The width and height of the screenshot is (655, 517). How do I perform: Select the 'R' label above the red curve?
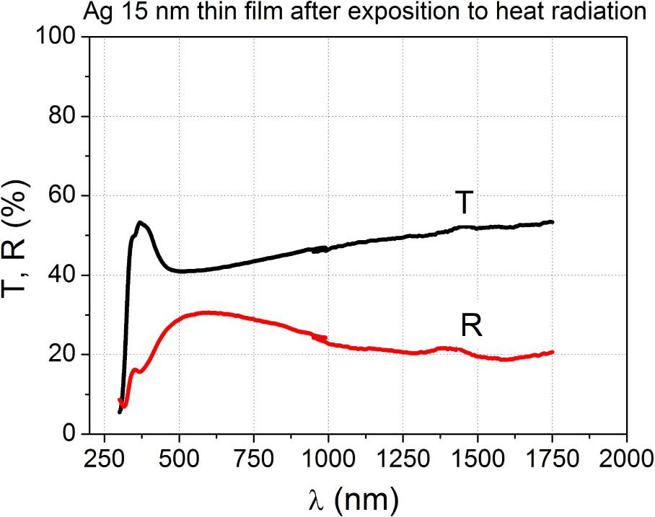coord(471,327)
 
